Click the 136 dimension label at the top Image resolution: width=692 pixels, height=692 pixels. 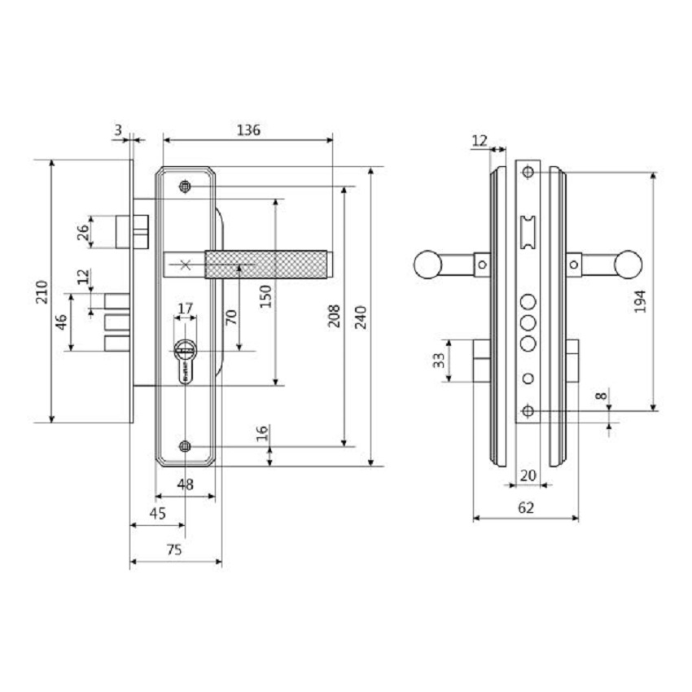248,129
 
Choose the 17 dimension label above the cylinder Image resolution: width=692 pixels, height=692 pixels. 186,309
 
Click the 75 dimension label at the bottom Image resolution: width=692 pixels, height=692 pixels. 174,550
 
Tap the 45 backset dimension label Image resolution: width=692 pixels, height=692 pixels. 158,514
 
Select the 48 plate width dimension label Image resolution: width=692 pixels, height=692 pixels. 186,484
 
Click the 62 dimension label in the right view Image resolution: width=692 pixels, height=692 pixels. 526,507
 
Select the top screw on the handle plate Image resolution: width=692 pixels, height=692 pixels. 186,187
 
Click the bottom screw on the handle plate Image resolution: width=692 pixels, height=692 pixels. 186,446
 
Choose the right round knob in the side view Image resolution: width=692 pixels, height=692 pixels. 628,264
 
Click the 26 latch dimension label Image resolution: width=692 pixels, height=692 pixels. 82,232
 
